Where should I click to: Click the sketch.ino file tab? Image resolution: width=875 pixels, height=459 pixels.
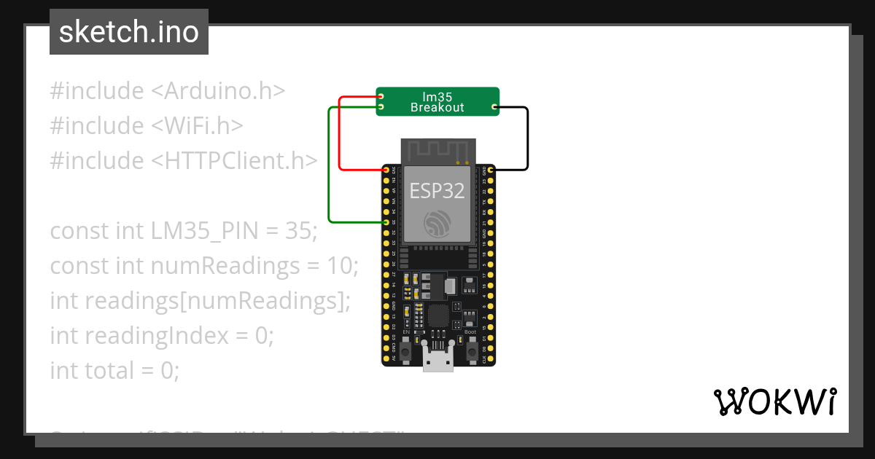pos(129,32)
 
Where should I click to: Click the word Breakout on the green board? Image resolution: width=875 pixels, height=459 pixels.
pos(437,108)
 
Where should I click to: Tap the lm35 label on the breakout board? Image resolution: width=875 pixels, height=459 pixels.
pos(437,96)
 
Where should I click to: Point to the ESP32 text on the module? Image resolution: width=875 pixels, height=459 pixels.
pos(437,191)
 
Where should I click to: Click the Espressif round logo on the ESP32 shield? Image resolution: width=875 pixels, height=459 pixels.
pos(437,224)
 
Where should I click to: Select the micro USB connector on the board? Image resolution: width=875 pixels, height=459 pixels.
pos(437,359)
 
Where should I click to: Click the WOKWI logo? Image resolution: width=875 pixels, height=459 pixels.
pos(775,401)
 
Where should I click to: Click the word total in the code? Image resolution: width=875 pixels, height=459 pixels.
pos(109,371)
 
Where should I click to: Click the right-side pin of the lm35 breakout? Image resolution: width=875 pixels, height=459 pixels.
pos(495,107)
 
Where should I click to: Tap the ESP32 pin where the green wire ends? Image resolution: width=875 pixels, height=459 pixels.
pos(386,221)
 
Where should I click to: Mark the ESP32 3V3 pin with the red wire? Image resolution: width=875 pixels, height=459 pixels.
pos(386,170)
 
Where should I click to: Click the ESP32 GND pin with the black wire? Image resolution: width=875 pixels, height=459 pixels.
pos(491,170)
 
